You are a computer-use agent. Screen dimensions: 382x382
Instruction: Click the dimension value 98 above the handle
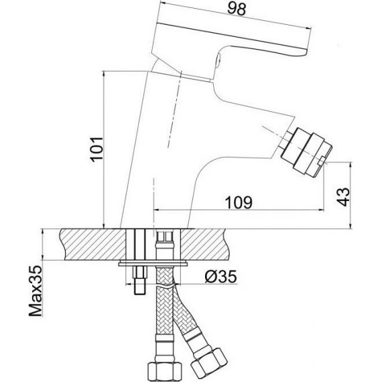237,9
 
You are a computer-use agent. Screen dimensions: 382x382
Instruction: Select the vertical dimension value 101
97,149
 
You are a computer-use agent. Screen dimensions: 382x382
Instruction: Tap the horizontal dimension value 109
239,202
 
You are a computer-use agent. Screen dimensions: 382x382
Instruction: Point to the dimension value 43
343,197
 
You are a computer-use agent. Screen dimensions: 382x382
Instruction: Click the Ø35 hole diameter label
220,277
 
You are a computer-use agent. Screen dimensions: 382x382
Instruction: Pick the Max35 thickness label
36,291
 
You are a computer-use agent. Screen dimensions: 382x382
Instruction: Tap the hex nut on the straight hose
165,372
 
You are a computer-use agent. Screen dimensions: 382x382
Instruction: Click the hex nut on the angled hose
209,362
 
